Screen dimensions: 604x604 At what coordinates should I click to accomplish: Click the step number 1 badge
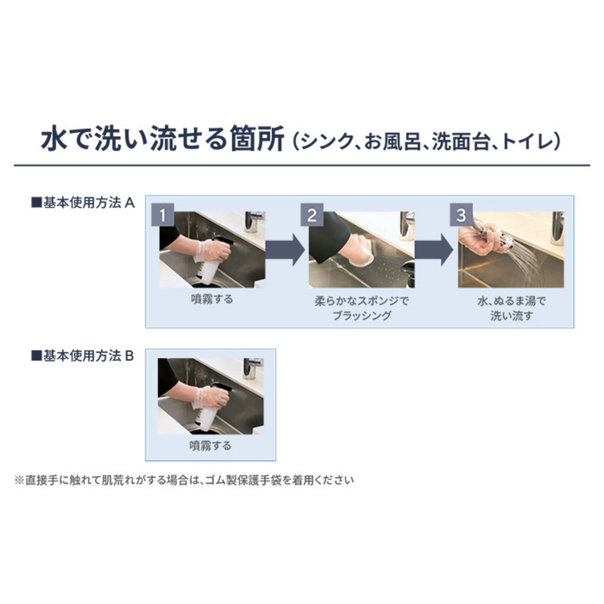[x=163, y=215]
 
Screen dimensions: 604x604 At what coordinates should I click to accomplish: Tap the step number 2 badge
[x=312, y=215]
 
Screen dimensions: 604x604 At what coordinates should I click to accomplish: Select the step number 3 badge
[x=462, y=215]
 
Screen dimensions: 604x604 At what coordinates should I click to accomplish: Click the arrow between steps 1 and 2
[x=285, y=250]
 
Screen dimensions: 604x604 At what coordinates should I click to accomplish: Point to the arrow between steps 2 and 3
[x=434, y=250]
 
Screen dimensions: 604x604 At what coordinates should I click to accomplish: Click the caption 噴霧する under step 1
[x=212, y=299]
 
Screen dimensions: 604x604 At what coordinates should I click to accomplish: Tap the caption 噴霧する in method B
[x=210, y=446]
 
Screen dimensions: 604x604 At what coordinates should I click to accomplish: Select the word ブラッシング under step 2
[x=362, y=315]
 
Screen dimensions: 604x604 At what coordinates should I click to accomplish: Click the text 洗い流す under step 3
[x=511, y=316]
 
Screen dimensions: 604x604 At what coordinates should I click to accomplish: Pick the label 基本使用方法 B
[x=83, y=356]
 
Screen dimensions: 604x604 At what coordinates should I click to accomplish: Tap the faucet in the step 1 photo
[x=254, y=221]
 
